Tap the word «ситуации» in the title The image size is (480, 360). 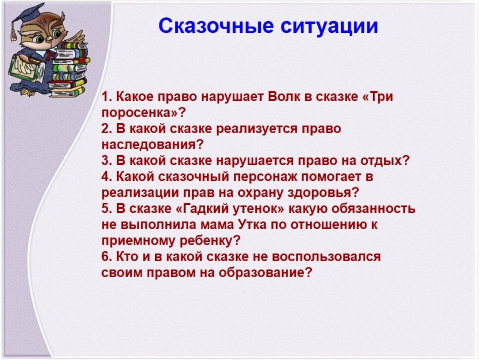coord(329,26)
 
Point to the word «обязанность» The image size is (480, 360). coord(374,209)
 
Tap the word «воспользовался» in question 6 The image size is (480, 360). coord(326,256)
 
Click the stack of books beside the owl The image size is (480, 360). coord(68,69)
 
